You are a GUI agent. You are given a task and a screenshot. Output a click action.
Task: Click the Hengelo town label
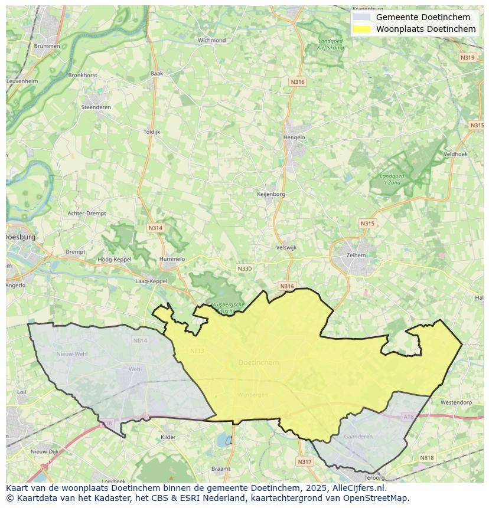(x=294, y=137)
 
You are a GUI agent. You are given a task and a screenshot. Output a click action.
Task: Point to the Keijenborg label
(x=271, y=194)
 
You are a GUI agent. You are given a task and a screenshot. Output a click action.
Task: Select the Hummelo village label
(x=172, y=259)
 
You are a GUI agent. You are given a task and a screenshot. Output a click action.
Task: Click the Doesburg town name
(x=21, y=237)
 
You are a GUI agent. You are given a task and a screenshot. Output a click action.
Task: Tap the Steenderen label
(x=96, y=107)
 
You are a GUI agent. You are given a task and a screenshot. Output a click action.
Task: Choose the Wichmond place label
(x=211, y=41)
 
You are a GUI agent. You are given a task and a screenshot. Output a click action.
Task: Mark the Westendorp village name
(x=456, y=402)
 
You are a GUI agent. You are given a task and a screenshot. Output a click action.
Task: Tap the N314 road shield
(x=155, y=228)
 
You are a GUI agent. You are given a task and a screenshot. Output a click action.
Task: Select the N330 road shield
(x=244, y=268)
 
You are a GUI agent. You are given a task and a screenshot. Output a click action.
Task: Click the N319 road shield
(x=467, y=57)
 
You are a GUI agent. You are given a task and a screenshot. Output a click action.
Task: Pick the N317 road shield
(x=304, y=461)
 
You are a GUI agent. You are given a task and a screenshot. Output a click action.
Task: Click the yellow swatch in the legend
(x=362, y=29)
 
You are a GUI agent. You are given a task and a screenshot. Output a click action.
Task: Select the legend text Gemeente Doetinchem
(x=423, y=17)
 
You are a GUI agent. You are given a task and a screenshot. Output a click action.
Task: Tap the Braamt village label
(x=220, y=468)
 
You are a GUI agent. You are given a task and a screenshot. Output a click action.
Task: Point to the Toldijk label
(x=152, y=132)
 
